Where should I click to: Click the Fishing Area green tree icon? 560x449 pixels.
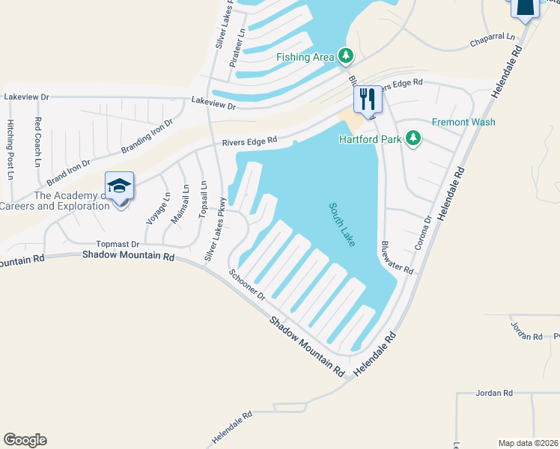(x=345, y=55)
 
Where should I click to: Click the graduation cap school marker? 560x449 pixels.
(x=119, y=186)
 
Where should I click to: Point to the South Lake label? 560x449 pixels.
(x=341, y=223)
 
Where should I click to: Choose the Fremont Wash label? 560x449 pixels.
(x=463, y=122)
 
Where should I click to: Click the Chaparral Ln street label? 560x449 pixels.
(x=493, y=37)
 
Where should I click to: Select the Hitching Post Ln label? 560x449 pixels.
(x=10, y=149)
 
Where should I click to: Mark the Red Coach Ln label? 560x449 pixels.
(x=37, y=141)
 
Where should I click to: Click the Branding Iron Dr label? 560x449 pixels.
(x=147, y=135)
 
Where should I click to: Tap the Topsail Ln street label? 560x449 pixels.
(x=203, y=200)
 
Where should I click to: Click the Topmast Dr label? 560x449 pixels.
(x=118, y=244)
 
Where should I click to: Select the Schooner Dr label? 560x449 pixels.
(x=247, y=285)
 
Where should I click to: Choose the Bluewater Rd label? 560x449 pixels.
(x=396, y=257)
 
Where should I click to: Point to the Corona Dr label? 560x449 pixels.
(x=423, y=233)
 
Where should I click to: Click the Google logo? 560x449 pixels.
(x=25, y=440)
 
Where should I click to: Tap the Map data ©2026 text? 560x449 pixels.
(x=528, y=443)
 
